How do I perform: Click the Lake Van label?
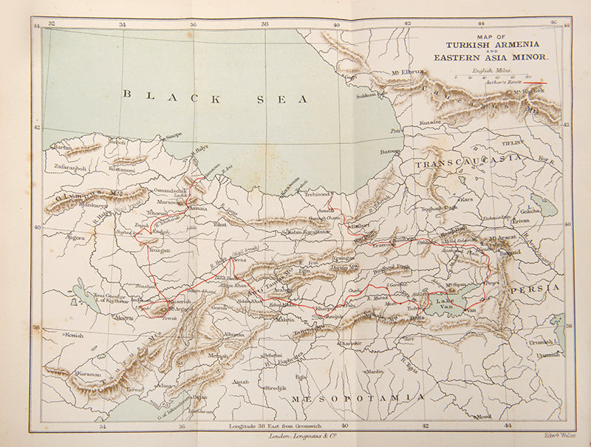click(444, 302)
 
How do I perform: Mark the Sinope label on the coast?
click(171, 135)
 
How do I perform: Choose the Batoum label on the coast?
click(389, 151)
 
